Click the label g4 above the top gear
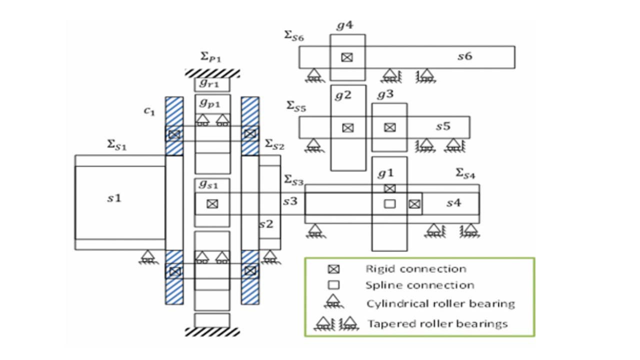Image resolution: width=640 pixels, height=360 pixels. point(344,26)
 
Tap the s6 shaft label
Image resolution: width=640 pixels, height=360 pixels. point(464,56)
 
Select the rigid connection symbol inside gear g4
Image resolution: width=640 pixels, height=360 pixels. point(347,57)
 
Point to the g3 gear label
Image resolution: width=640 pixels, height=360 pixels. point(386,94)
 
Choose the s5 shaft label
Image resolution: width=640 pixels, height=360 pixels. point(442,126)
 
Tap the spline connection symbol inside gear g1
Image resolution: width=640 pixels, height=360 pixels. point(389,203)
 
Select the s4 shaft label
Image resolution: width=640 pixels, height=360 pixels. point(453,203)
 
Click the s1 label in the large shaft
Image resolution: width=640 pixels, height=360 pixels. point(114,198)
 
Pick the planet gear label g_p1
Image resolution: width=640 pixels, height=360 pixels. point(209,103)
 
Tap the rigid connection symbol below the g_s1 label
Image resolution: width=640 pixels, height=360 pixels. point(212,203)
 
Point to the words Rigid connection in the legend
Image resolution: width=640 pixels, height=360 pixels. point(416,269)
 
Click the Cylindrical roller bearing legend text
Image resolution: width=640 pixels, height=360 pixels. point(440,303)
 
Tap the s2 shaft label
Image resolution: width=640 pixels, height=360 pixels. point(266,224)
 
